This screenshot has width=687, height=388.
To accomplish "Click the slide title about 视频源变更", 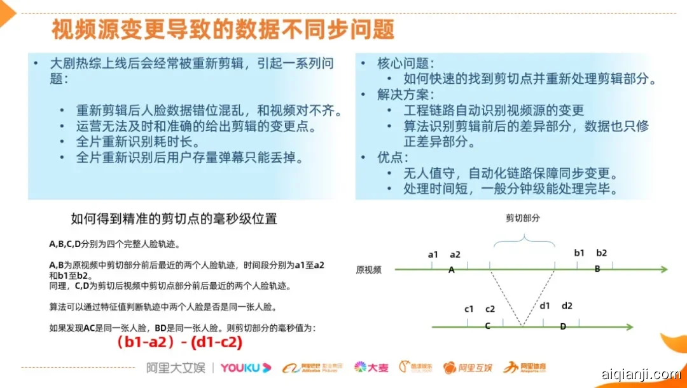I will (223, 29).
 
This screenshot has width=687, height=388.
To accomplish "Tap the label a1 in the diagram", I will (433, 254).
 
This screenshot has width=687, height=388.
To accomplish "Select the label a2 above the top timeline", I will (455, 254).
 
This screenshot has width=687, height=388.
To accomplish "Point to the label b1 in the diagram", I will (579, 253).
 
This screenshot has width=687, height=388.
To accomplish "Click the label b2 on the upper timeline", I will (601, 253).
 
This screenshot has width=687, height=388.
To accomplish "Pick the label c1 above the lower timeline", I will (469, 309).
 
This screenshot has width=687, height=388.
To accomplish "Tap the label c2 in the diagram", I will (490, 309).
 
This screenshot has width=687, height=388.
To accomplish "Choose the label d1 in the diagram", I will (545, 305).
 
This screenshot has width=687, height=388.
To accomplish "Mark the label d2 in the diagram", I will (567, 305).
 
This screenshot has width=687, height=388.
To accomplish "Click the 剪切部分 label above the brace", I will (523, 218).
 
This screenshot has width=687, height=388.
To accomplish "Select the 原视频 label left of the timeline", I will (368, 270).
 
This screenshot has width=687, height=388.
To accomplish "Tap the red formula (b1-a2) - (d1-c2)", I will (179, 342).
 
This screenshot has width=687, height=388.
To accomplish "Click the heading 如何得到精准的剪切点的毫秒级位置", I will (174, 219).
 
